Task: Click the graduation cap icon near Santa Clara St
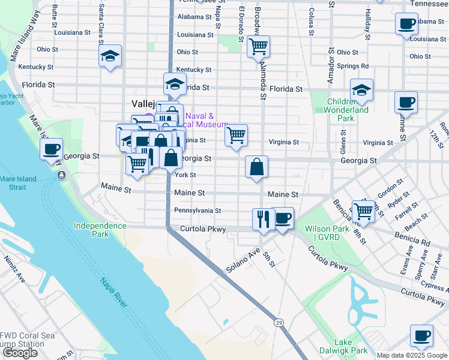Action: tap(110, 56)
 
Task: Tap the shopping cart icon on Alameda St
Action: tap(258, 46)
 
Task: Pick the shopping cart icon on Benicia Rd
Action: tap(363, 211)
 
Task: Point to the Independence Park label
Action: tap(100, 230)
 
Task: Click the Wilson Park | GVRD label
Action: tap(331, 233)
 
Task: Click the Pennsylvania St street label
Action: tap(197, 211)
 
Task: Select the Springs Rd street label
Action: tap(352, 66)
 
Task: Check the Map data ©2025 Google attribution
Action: tap(412, 355)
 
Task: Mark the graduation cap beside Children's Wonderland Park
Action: tap(361, 90)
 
